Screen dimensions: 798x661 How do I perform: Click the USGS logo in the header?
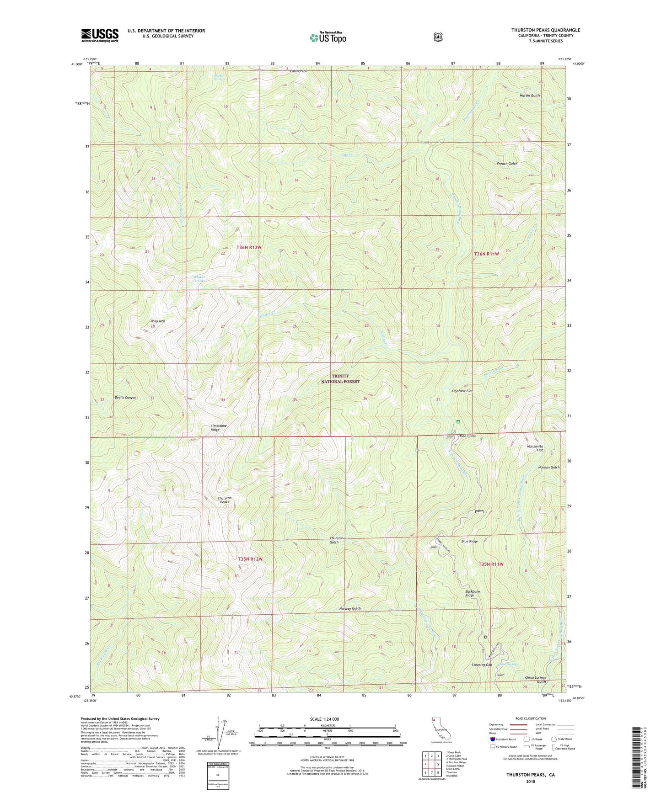100,35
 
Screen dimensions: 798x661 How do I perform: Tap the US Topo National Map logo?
328,37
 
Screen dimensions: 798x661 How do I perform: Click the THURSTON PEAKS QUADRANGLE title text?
545,30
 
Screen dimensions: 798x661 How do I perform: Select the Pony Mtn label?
158,321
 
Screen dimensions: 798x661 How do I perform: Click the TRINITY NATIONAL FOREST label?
340,378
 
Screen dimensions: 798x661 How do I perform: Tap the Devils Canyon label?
125,398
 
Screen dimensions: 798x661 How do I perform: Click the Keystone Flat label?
462,391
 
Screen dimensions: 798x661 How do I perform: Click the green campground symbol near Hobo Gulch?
457,421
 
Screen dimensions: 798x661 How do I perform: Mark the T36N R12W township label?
249,247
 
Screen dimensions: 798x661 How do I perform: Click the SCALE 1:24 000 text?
324,719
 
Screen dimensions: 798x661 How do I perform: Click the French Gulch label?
507,164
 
